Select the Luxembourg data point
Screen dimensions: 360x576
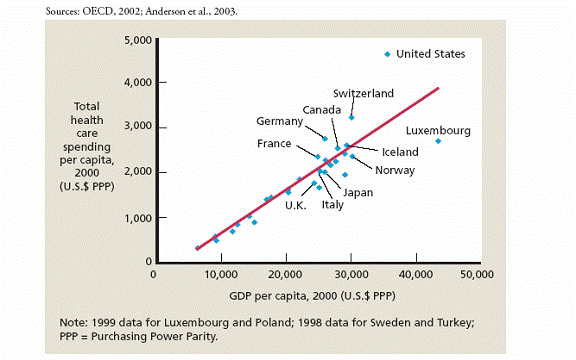tap(438, 141)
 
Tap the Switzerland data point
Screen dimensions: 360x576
tap(351, 118)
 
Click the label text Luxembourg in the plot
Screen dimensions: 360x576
tap(438, 131)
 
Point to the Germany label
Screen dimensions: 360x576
tap(279, 121)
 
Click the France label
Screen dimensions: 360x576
tap(274, 144)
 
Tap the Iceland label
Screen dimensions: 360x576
tap(399, 152)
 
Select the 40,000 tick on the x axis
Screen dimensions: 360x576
tap(416, 272)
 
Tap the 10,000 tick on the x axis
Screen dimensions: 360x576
tap(219, 272)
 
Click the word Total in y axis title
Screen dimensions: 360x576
tap(88, 105)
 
